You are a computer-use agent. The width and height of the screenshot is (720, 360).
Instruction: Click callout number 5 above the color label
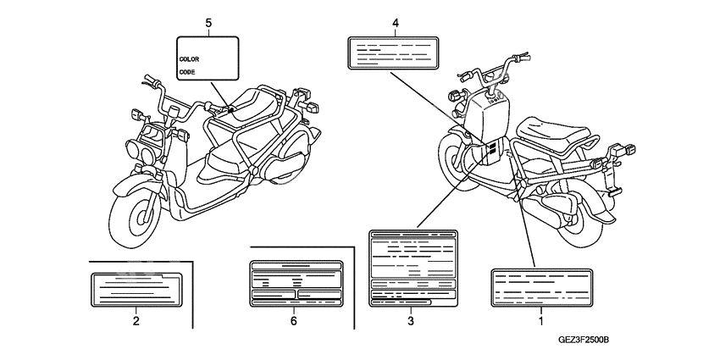point(208,23)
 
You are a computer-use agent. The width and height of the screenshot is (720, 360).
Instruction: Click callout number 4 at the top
point(395,23)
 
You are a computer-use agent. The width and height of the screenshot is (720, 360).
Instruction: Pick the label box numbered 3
point(410,268)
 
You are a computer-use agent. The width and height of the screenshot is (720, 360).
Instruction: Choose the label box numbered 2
point(136,288)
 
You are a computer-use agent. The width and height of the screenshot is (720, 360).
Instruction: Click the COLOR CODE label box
point(208,58)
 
